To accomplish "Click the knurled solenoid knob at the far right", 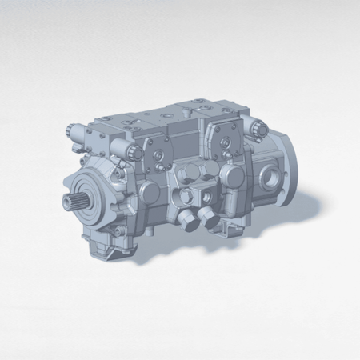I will coord(258,126).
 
